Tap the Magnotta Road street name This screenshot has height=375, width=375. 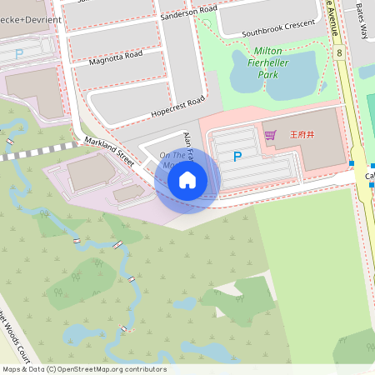coord(116,57)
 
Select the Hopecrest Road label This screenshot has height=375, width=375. coord(177,106)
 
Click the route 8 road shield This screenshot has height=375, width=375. coord(340,52)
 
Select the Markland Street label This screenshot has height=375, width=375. coord(109,152)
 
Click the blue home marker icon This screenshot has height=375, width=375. coord(187,180)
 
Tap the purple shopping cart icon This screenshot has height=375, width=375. coord(270,134)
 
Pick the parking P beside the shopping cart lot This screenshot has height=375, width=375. coord(237,156)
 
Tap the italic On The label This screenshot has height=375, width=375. coord(172,155)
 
